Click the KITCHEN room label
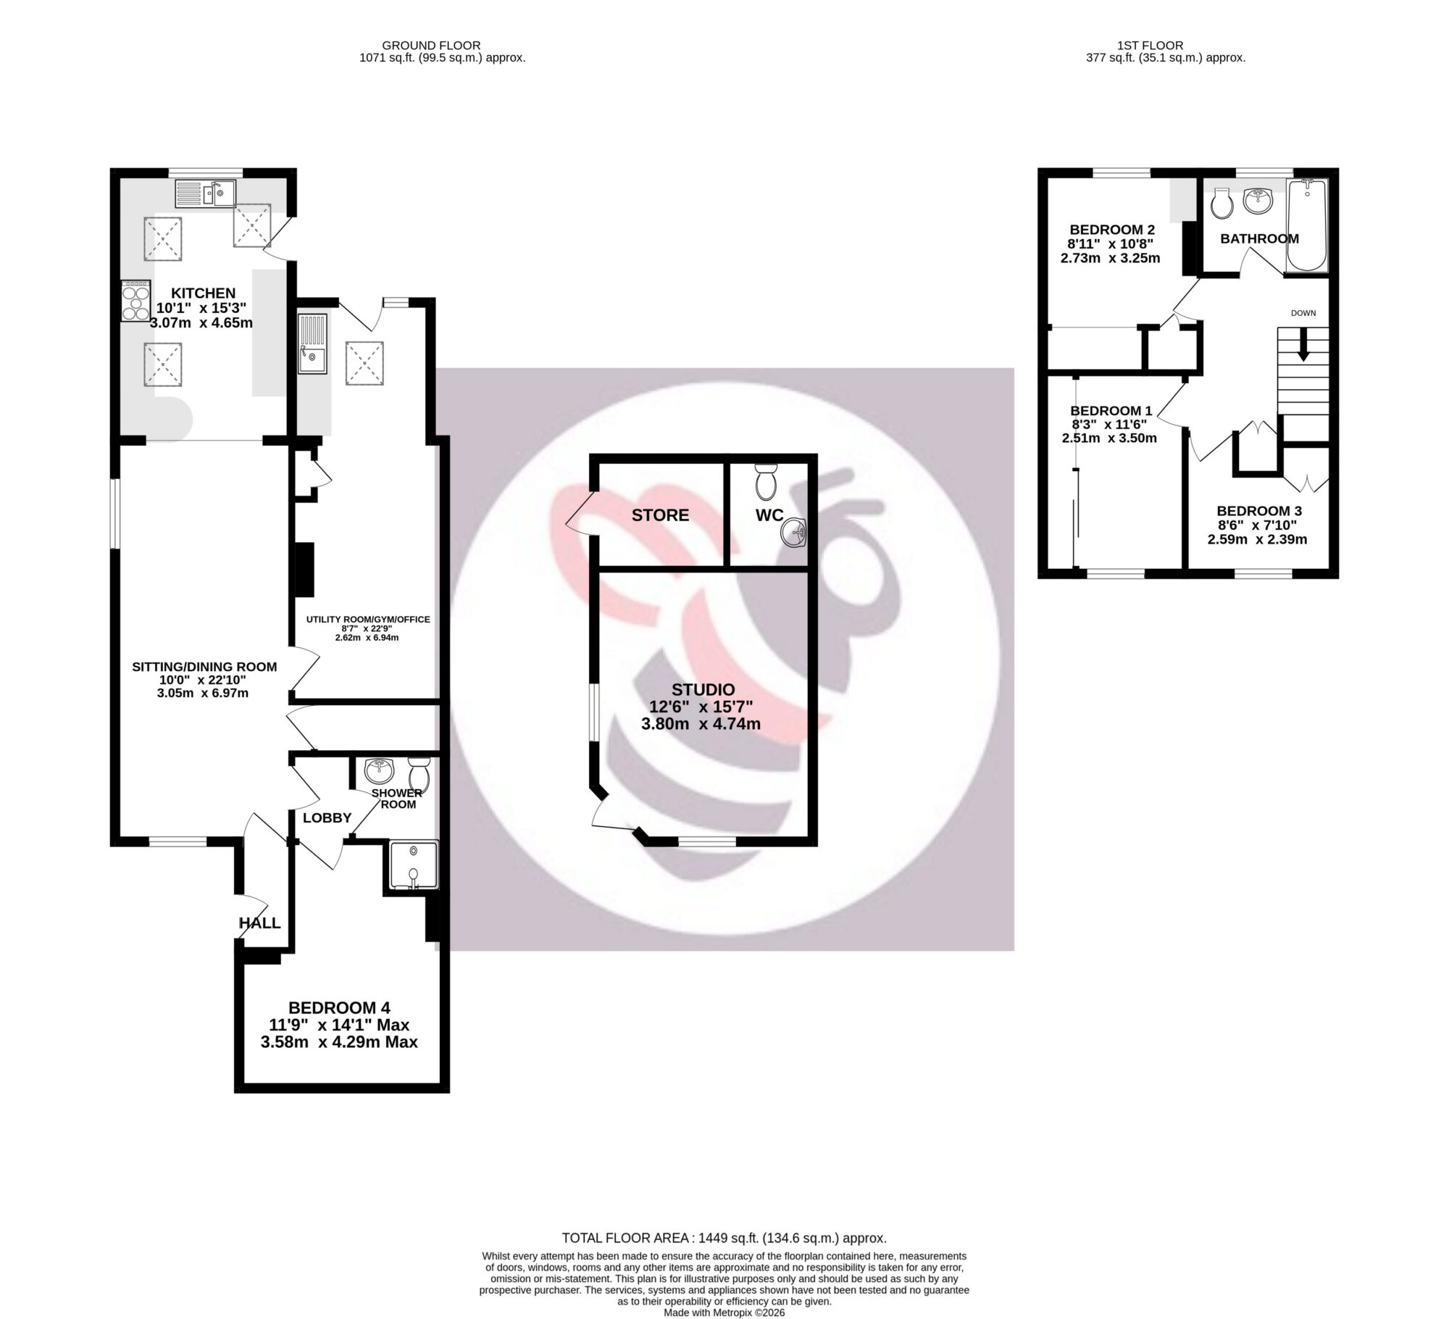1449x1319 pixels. (203, 293)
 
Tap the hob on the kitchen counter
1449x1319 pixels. (134, 299)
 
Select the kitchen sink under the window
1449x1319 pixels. (205, 193)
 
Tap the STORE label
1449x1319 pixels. (660, 515)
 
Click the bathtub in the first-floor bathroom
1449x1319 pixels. (1307, 225)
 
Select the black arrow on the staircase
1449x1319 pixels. (1303, 345)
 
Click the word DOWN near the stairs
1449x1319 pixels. (1303, 313)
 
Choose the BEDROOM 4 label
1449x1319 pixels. (339, 1007)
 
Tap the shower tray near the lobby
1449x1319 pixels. (414, 864)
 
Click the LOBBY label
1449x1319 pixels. (327, 817)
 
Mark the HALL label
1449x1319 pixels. (259, 923)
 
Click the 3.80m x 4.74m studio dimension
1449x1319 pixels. (701, 723)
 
